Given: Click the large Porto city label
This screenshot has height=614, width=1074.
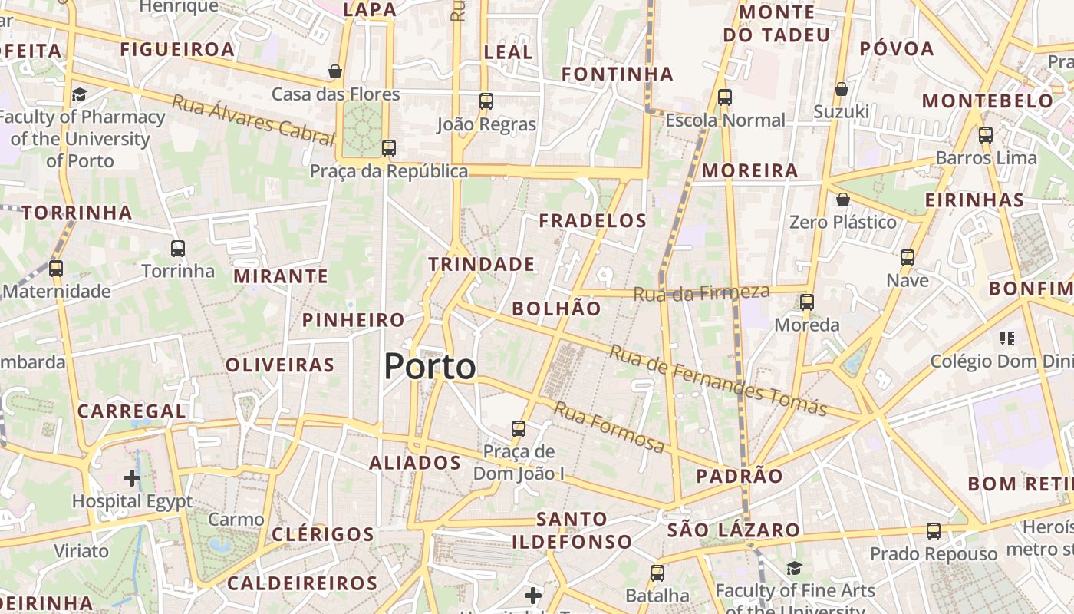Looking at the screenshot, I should [430, 366].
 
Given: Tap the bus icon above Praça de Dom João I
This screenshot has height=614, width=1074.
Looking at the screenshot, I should [519, 428].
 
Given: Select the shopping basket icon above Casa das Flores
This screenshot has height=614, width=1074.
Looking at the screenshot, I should [335, 71].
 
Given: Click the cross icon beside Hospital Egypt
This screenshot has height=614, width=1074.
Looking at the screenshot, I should [132, 478].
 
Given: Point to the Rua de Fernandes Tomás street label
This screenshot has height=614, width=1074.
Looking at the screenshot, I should [718, 380].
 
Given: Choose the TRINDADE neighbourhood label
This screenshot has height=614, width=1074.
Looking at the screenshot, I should [481, 264].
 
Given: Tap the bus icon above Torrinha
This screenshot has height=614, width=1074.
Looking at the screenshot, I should [178, 248].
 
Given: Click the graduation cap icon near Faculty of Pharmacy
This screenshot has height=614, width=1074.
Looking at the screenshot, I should [79, 94].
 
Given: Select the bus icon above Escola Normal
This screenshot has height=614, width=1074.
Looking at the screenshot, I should [725, 97].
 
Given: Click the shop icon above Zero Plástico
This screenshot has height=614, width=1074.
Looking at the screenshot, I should [843, 200].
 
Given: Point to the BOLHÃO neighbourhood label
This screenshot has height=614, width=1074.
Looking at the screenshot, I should [556, 309].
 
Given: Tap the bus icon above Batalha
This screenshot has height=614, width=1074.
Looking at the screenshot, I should [657, 573].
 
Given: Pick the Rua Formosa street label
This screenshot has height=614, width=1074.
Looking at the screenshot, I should [609, 427].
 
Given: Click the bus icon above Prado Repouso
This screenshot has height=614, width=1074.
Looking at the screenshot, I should [934, 530].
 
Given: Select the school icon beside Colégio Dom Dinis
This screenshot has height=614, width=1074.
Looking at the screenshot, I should [1007, 338].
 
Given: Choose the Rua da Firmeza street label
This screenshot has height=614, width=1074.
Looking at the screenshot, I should [701, 292].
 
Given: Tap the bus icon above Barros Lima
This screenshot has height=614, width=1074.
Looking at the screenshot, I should [986, 135].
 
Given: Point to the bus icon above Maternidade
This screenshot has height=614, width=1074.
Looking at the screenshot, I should [56, 269].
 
